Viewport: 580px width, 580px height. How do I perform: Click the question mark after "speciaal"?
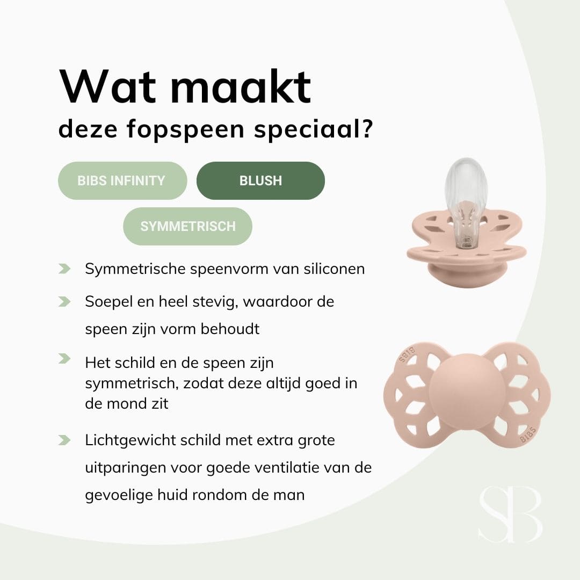(367, 129)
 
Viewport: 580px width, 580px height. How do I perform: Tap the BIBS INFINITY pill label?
(121, 180)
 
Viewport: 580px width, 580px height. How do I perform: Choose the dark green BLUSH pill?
(260, 180)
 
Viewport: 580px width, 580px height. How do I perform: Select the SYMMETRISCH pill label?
(188, 226)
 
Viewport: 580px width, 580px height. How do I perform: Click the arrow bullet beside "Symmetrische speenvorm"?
(64, 269)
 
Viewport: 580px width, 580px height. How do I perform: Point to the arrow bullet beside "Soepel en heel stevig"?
(64, 302)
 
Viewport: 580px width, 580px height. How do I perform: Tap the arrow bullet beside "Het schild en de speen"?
(64, 359)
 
